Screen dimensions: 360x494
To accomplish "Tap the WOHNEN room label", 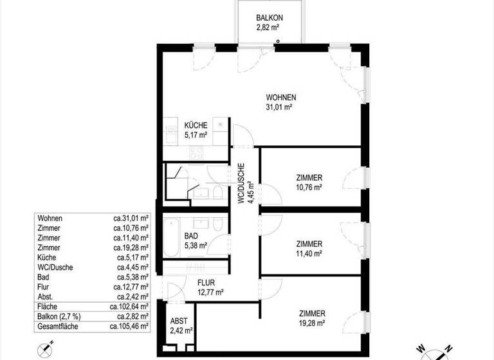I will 280,98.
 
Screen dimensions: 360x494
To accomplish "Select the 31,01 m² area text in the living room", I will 280,107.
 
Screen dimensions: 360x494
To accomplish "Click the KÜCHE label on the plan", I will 195,125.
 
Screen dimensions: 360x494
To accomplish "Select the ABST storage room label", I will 179,321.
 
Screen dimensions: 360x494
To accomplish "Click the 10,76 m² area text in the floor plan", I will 309,187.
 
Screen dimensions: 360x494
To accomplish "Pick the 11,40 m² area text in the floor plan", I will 309,253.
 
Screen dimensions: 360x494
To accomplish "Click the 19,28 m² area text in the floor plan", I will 311,323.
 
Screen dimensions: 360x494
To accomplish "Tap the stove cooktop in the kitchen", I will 195,153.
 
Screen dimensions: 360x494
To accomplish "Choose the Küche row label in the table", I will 48,257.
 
